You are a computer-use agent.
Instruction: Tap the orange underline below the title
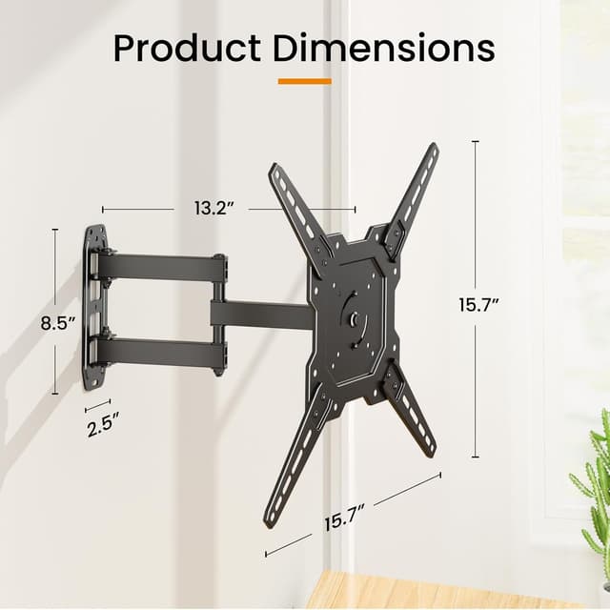coord(305,81)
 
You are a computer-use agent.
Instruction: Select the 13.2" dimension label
coord(213,209)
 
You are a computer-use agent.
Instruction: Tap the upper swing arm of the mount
coord(162,267)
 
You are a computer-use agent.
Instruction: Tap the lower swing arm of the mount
coord(162,352)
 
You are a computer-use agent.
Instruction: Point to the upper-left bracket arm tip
coord(276,173)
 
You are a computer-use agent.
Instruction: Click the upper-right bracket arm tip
coord(432,152)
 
